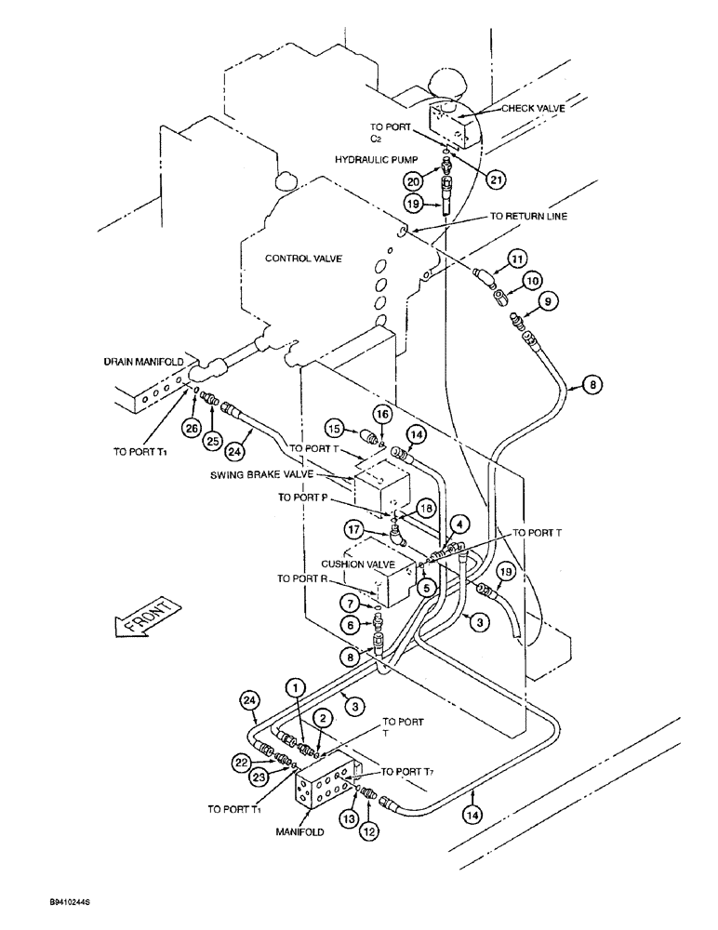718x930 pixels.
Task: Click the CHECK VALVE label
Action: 533,108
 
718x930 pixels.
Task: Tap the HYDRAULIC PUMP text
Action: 374,160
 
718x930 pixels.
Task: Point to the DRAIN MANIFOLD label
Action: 140,360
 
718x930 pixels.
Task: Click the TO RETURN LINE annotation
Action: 528,216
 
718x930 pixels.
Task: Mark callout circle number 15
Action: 334,427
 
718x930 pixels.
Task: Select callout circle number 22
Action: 243,761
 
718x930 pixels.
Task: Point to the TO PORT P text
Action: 307,498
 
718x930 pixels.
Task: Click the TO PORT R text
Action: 306,578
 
